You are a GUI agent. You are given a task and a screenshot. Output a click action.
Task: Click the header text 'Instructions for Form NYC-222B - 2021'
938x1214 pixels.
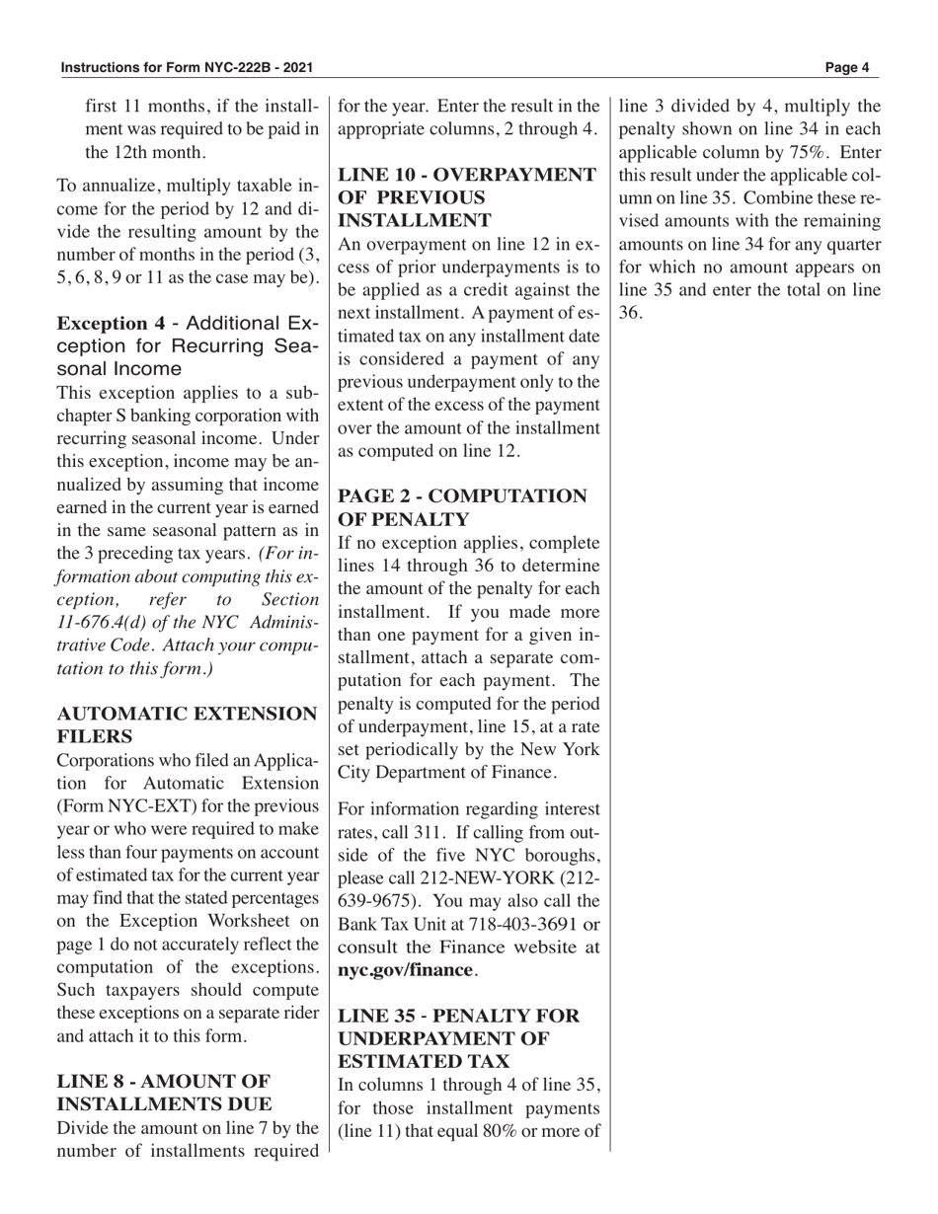[x=188, y=68]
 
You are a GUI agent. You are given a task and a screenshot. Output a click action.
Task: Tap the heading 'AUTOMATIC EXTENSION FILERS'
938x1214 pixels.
[x=188, y=724]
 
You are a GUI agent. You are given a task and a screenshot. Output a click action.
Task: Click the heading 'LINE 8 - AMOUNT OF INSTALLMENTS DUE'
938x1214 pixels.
[x=164, y=1092]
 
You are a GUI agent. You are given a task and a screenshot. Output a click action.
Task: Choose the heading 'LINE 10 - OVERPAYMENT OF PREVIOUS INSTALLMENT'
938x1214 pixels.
[x=467, y=197]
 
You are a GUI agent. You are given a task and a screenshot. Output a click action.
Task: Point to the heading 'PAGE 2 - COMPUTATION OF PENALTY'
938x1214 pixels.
[x=462, y=507]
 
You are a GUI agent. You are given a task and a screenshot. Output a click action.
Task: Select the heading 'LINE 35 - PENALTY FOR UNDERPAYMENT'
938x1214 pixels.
[x=459, y=1038]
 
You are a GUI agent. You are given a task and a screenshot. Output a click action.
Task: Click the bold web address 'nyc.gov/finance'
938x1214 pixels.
[x=405, y=970]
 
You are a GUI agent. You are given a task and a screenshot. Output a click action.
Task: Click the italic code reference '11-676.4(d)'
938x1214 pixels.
[x=105, y=623]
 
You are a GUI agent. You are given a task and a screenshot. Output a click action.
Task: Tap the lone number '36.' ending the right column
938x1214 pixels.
[x=630, y=313]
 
